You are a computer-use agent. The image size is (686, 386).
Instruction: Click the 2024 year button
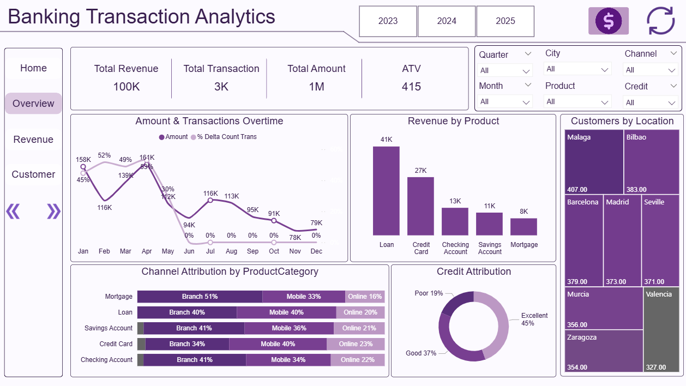[x=447, y=21]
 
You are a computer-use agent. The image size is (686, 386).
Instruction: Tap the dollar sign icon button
[x=608, y=21]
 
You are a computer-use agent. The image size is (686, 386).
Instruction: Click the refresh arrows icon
[x=660, y=21]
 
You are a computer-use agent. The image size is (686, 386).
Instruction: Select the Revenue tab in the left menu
[x=33, y=140]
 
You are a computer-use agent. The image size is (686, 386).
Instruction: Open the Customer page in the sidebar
[x=33, y=174]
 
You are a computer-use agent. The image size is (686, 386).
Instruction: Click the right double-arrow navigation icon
[x=53, y=211]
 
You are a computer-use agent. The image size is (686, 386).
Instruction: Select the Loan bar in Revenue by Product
[x=386, y=191]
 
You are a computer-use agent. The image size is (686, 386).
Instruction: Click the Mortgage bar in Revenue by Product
[x=523, y=227]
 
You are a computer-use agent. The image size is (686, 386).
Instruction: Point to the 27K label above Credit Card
[x=420, y=171]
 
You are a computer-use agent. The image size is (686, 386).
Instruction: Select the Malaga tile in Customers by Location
[x=594, y=162]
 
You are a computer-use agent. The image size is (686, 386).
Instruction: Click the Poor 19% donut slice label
[x=429, y=293]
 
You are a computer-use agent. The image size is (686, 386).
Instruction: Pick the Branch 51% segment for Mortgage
[x=200, y=297]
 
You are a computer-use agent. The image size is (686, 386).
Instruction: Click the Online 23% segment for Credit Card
[x=356, y=344]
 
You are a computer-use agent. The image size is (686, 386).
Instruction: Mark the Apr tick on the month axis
[x=147, y=251]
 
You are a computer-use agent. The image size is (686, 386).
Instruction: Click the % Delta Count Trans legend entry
[x=224, y=137]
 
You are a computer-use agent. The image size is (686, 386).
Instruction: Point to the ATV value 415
[x=411, y=87]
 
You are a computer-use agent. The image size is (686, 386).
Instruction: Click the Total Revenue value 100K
[x=126, y=87]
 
